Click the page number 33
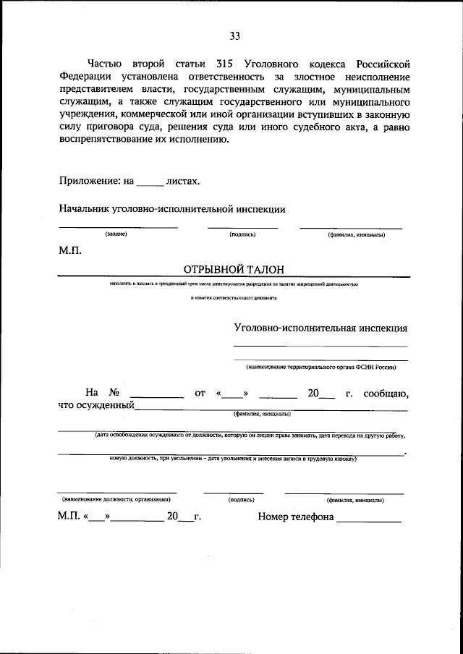click(x=234, y=36)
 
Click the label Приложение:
click(x=87, y=181)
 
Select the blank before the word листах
click(x=150, y=184)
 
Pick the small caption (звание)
click(x=116, y=234)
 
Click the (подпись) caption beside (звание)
click(x=242, y=234)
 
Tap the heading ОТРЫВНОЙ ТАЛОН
click(x=232, y=269)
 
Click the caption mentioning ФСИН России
click(x=320, y=366)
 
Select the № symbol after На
click(x=113, y=393)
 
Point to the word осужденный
click(x=96, y=406)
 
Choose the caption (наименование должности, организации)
click(x=116, y=499)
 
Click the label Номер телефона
click(x=295, y=517)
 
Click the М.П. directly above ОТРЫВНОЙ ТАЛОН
click(x=70, y=251)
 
